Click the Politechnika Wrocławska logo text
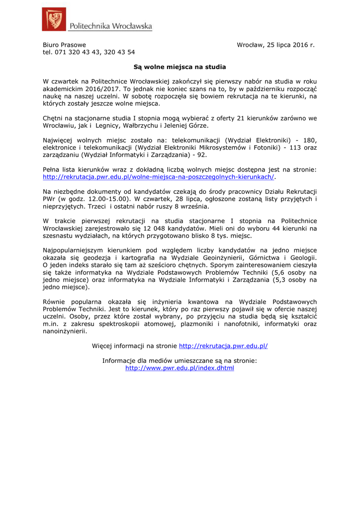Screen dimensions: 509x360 pyautogui.click(x=110, y=26)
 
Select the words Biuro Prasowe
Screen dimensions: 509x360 pyautogui.click(x=64, y=45)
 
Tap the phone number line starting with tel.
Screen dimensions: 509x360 pyautogui.click(x=89, y=52)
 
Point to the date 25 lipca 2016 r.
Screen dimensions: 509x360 pyautogui.click(x=291, y=45)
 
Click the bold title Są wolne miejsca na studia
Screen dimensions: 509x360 pyautogui.click(x=180, y=67)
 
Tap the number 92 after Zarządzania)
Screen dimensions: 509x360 pyautogui.click(x=200, y=155)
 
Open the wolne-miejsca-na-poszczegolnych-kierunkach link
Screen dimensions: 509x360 pyautogui.click(x=159, y=177)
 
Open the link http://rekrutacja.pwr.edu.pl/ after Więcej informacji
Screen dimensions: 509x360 pyautogui.click(x=223, y=346)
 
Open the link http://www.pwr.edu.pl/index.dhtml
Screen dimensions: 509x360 pyautogui.click(x=180, y=368)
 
